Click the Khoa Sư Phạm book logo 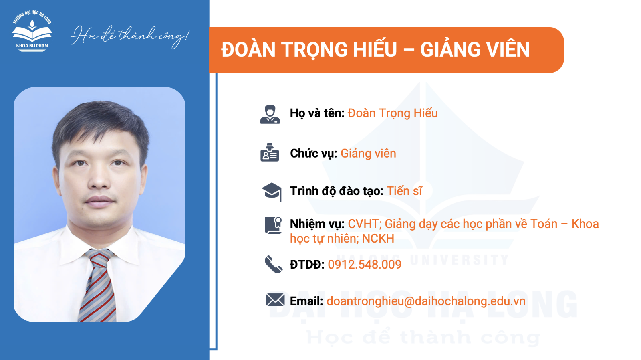coord(32,32)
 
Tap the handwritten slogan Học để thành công coord(130,37)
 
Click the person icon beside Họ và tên coord(270,114)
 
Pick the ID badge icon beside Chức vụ coord(270,152)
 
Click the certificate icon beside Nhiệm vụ coord(273,225)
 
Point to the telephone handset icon coord(274,264)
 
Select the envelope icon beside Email coord(275,300)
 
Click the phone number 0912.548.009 coord(365,264)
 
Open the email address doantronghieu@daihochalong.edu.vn coord(426,301)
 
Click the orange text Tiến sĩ coord(404,191)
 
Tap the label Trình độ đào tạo coord(337,191)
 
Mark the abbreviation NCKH coord(378,239)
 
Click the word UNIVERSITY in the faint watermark coord(460,260)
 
